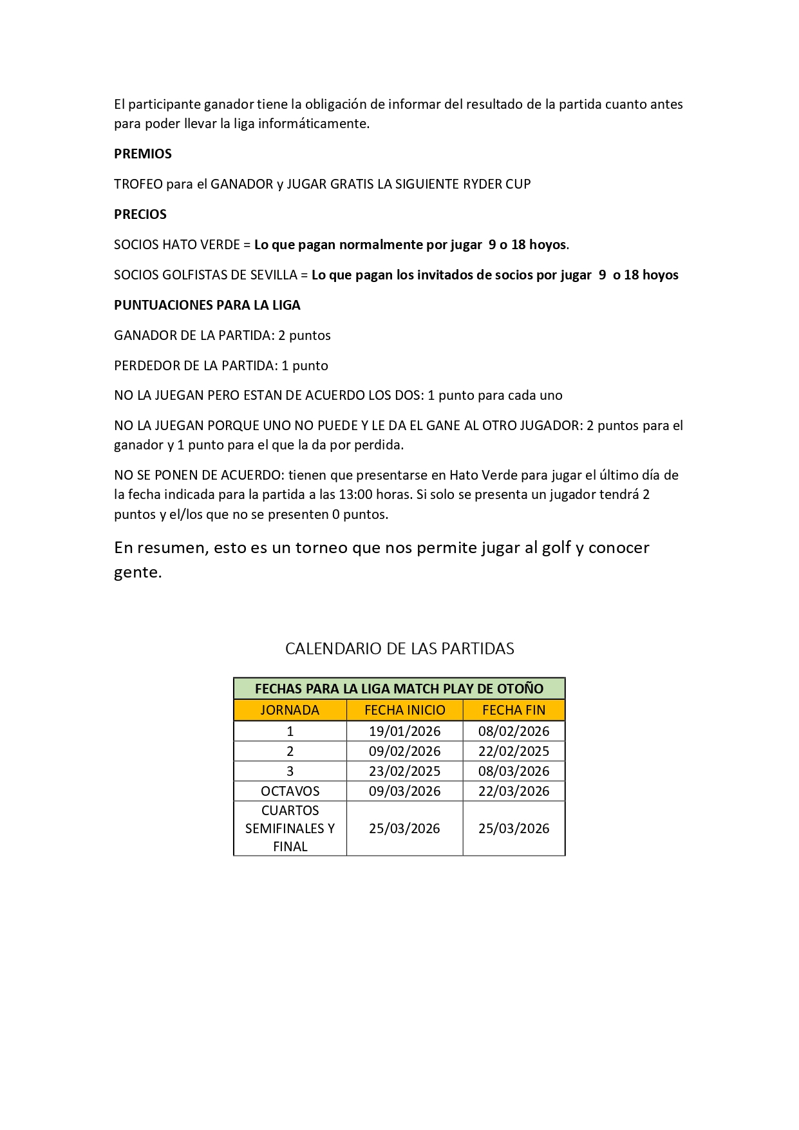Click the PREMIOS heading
(142, 154)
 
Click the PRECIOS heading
(140, 214)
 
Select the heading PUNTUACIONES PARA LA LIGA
(207, 305)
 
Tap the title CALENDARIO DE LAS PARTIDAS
(399, 648)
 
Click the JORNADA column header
(290, 710)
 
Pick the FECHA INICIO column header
(404, 710)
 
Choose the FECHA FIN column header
(513, 710)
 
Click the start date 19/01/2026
(404, 731)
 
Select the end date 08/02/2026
(513, 731)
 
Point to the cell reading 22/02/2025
(513, 751)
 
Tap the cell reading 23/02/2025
(404, 771)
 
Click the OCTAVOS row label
(290, 791)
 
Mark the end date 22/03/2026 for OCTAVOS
(513, 791)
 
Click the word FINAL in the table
(290, 847)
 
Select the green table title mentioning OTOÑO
(399, 689)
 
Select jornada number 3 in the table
(290, 771)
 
